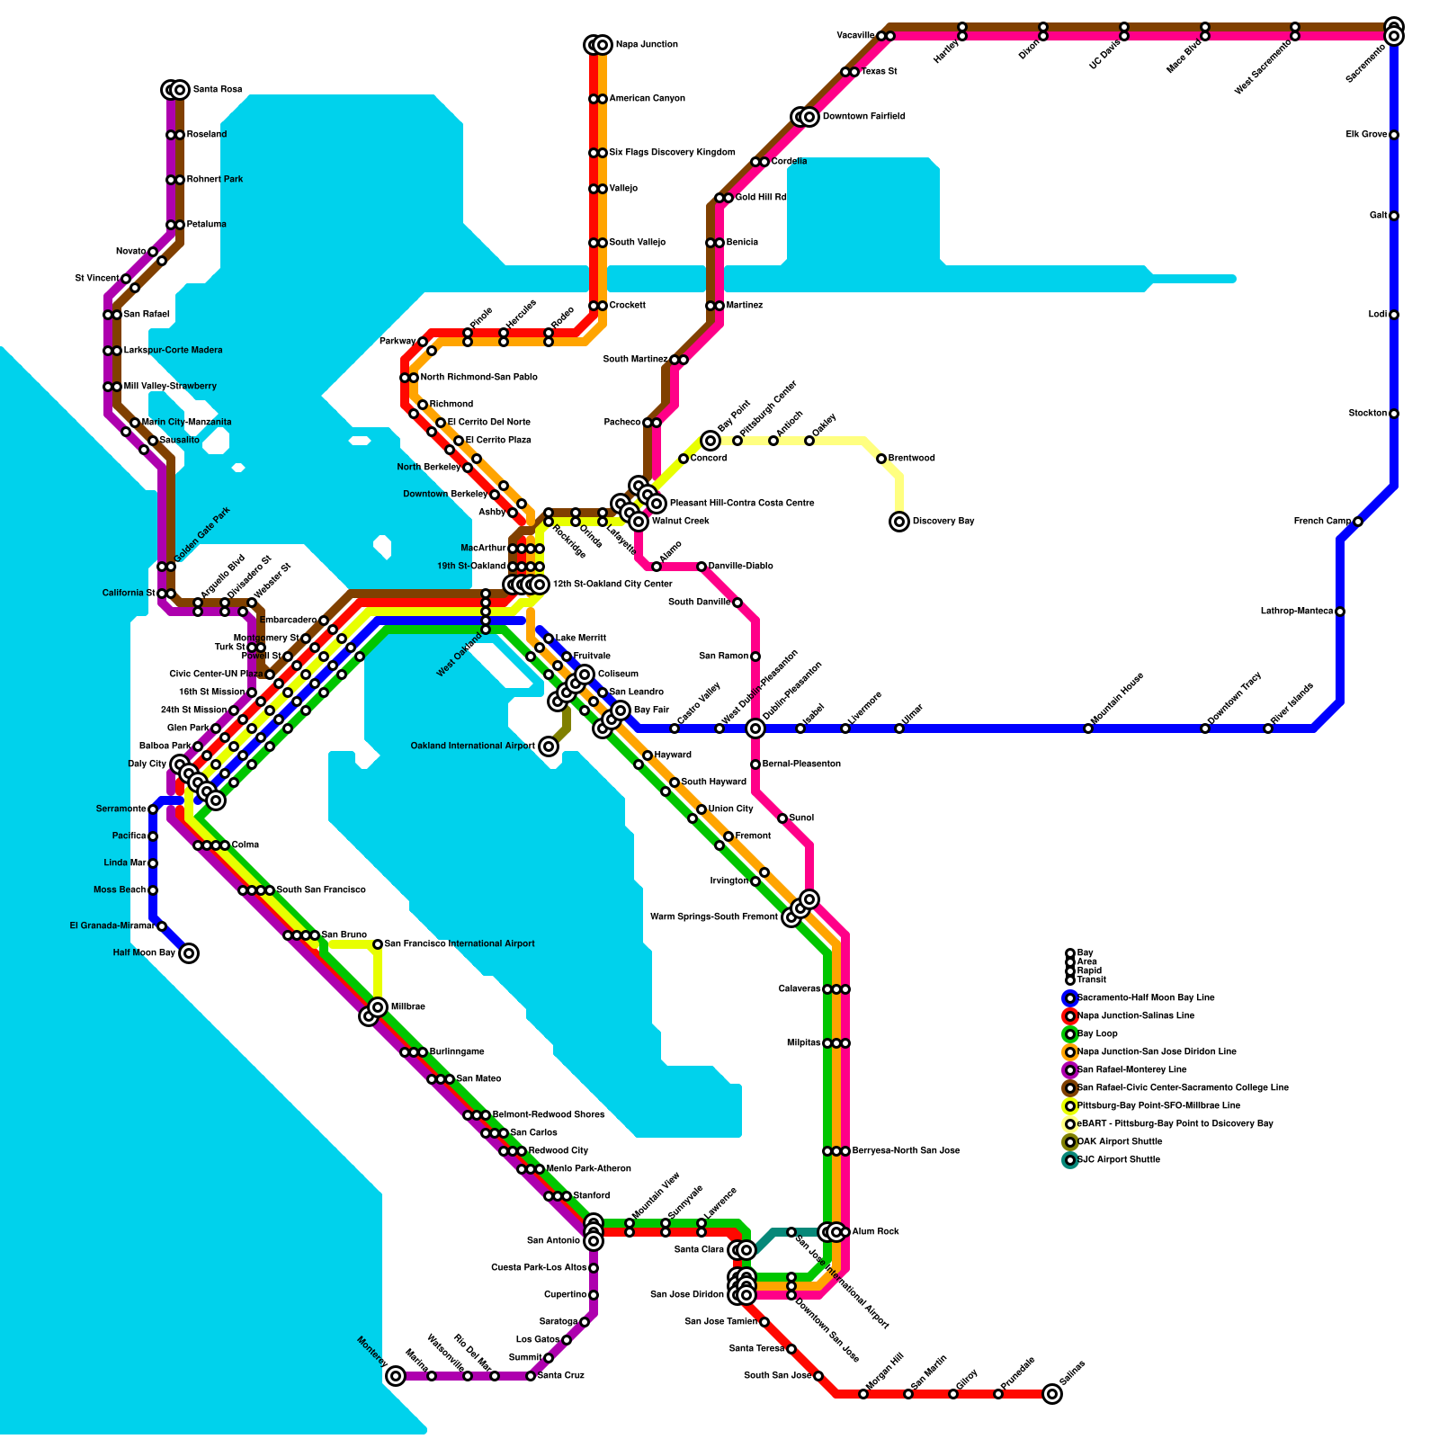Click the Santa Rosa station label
coord(218,90)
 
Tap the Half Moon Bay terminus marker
coord(189,953)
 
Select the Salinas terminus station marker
coord(1052,1394)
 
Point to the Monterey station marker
coord(396,1376)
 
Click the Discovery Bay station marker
coord(899,522)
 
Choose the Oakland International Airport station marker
coord(549,746)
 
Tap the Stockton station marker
coord(1394,414)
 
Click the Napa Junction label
coord(647,45)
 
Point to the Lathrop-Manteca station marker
coord(1340,612)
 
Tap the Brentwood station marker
coord(881,459)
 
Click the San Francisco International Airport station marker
coord(378,944)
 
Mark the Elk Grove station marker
coord(1394,135)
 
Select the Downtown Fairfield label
coord(863,117)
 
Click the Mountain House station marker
coord(1088,728)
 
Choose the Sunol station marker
coord(782,818)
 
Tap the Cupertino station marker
coord(594,1295)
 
